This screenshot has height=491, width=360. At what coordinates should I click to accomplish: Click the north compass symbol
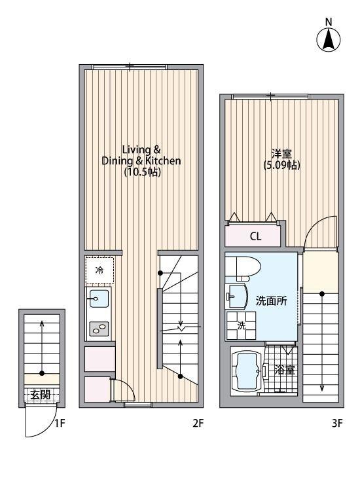pos(329,39)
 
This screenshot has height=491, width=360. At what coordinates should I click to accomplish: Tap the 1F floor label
pos(60,424)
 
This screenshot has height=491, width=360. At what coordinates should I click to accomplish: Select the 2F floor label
pos(198,424)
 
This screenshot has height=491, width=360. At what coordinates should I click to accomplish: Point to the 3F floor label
pos(337,424)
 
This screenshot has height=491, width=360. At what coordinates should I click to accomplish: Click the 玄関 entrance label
pos(36,395)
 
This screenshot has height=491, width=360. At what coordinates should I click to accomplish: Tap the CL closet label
pos(255,236)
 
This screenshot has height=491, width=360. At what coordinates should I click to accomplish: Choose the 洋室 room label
pos(281,154)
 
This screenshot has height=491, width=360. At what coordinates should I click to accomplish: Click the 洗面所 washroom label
pos(271,302)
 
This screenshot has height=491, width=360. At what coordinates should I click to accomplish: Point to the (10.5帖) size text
pos(141,173)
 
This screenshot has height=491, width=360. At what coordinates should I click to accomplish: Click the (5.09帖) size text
pos(281,166)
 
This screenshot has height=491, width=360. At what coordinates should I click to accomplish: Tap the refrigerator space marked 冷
pos(99,270)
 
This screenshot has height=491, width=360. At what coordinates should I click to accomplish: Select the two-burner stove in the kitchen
pos(99,329)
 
